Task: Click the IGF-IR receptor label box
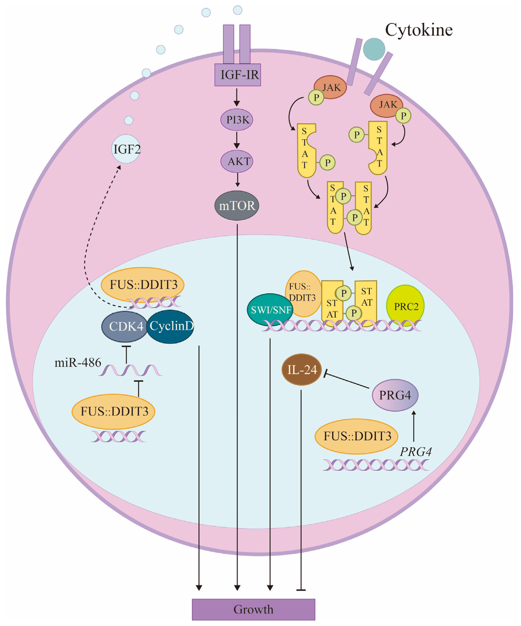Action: (x=238, y=75)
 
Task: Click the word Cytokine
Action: (x=419, y=30)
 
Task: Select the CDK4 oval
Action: (x=125, y=327)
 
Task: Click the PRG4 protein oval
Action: (x=395, y=395)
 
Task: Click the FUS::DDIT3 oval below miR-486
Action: (x=114, y=411)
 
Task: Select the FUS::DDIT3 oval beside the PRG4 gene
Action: (x=357, y=436)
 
